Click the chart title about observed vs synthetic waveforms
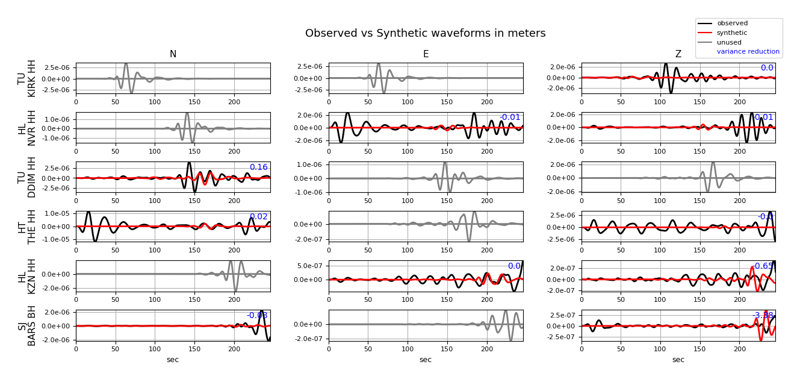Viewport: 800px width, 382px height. (x=425, y=34)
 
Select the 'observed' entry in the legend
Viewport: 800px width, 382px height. (x=732, y=23)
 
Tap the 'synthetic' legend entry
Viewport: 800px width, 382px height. (x=732, y=33)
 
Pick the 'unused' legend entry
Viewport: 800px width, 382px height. (x=729, y=43)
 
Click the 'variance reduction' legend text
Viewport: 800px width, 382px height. (x=748, y=52)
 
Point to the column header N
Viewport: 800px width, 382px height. (x=173, y=54)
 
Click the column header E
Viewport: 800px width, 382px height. (x=426, y=54)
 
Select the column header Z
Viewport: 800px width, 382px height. (x=678, y=54)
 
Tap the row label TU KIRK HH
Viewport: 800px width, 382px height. (x=27, y=78)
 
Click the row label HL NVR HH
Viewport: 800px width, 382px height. (x=27, y=128)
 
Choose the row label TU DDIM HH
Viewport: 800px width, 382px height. (x=27, y=177)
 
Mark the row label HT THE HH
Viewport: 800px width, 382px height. (x=27, y=227)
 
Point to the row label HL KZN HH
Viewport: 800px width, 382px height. (x=27, y=276)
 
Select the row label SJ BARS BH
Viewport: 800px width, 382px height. (x=27, y=325)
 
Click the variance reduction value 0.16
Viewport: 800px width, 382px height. (x=259, y=168)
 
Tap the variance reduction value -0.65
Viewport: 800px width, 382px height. (x=763, y=266)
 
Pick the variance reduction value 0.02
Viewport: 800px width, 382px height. (x=259, y=217)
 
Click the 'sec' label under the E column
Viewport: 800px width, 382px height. (x=426, y=360)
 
